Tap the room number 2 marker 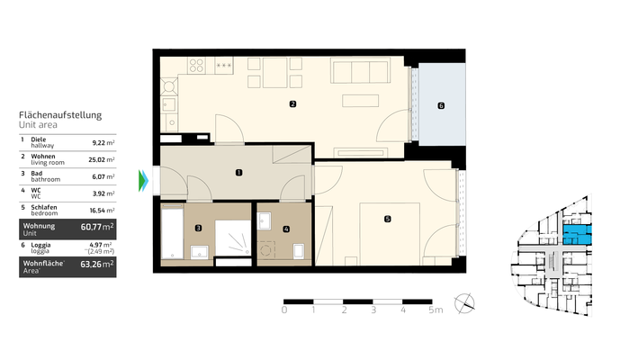point(292,105)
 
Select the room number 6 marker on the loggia point(440,105)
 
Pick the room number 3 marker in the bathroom point(198,229)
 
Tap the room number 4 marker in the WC point(285,229)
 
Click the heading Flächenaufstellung point(59,115)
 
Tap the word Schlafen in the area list point(43,205)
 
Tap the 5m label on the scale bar point(435,310)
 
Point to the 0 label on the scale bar point(284,310)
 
